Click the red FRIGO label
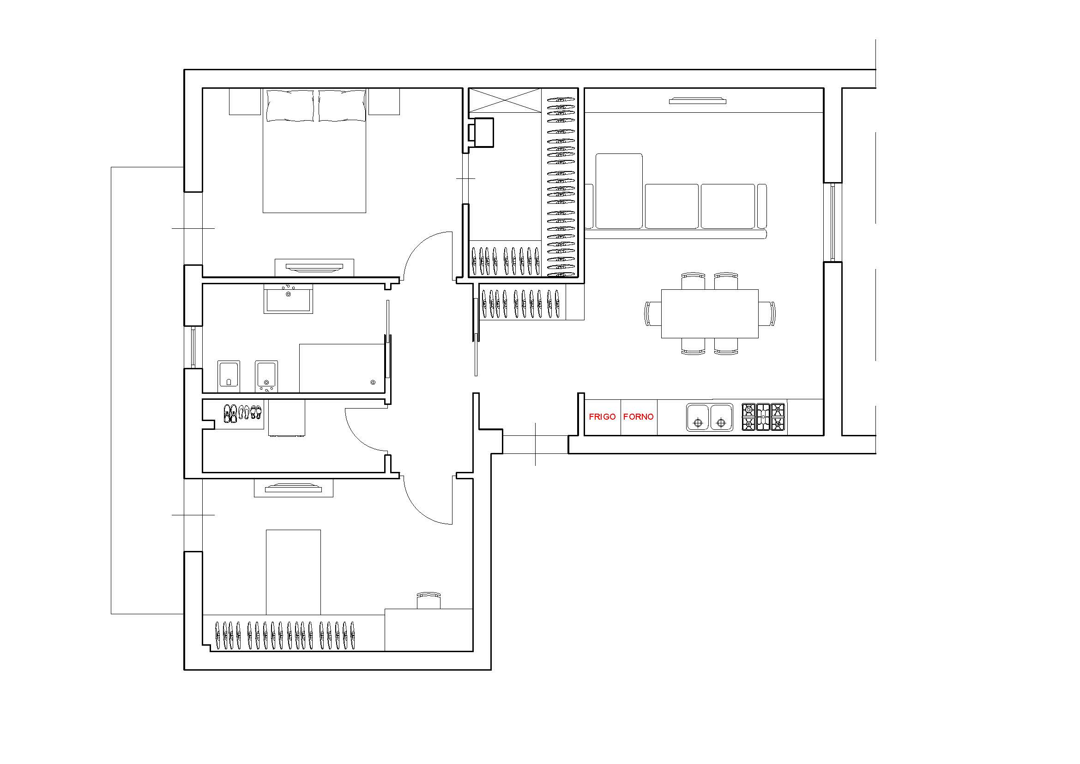tap(602, 416)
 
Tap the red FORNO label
tap(638, 416)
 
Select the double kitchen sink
tap(709, 417)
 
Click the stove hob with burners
tap(763, 417)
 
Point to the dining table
tap(710, 313)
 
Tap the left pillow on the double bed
tap(290, 105)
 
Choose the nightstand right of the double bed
tap(384, 101)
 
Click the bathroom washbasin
tap(288, 299)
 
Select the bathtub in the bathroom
tap(342, 368)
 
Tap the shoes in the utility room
tap(242, 412)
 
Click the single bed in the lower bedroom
tap(294, 572)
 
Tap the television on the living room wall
tap(698, 101)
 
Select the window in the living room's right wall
tap(833, 222)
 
